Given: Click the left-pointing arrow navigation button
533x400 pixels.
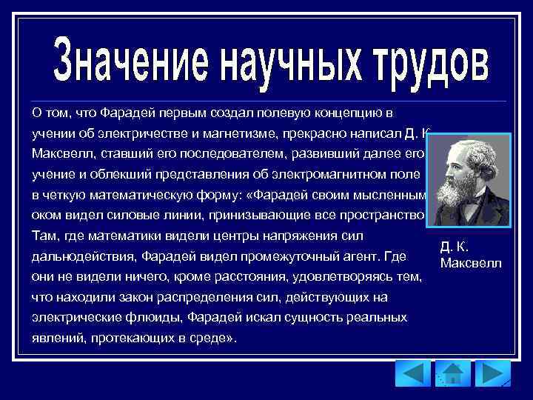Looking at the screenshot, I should (412, 373).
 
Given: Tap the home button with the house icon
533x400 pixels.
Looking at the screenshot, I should (452, 373).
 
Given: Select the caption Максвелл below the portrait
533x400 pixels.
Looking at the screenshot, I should (470, 263).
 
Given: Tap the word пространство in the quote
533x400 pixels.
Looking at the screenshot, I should (389, 216).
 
